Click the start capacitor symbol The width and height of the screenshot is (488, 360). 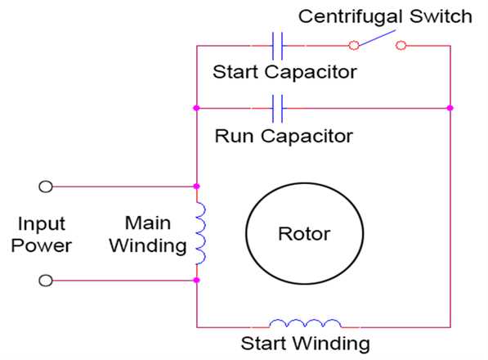click(276, 45)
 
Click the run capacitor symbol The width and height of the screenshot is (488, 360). click(276, 107)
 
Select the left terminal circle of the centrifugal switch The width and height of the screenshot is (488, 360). click(353, 46)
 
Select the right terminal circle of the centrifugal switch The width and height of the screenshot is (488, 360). click(401, 46)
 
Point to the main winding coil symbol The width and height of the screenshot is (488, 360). click(200, 233)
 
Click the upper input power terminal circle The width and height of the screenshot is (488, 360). click(46, 187)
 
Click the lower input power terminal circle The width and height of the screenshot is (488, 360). click(46, 281)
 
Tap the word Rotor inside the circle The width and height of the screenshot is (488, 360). click(304, 234)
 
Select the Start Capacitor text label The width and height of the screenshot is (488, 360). click(284, 72)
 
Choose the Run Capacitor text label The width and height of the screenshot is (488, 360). click(284, 135)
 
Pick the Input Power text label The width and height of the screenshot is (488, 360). click(45, 234)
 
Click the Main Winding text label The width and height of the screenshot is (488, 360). click(153, 233)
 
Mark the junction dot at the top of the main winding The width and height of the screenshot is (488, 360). click(196, 187)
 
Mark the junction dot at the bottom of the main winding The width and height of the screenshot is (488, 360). click(196, 281)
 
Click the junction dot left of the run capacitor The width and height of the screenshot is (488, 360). click(196, 107)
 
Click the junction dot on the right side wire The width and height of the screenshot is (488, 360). click(450, 107)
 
